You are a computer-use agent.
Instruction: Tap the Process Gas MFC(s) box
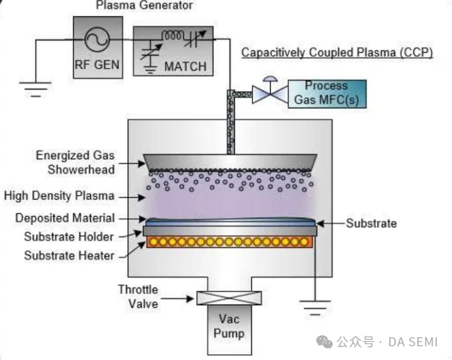point(326,93)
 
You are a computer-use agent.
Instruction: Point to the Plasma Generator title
point(145,6)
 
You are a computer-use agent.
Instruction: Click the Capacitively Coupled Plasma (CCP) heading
point(337,52)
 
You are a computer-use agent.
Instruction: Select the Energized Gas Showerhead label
point(75,162)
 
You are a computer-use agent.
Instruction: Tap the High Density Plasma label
point(59,196)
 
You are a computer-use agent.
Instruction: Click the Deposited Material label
point(65,218)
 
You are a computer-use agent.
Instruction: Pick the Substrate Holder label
point(69,236)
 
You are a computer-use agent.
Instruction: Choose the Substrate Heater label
point(69,255)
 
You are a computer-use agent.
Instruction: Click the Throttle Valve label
point(138,296)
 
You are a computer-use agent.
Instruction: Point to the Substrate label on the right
point(371,224)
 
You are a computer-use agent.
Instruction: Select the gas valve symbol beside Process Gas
point(266,93)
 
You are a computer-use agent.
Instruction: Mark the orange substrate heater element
point(229,242)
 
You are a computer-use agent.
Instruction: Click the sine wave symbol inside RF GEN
point(97,38)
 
